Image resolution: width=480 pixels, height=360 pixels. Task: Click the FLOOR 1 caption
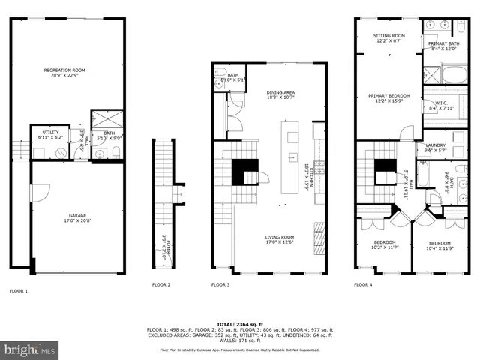pyautogui.click(x=18, y=290)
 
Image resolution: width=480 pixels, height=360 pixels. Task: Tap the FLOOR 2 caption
pyautogui.click(x=161, y=285)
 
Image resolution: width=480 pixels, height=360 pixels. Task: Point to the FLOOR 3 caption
pyautogui.click(x=220, y=285)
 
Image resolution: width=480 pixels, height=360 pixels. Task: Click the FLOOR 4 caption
pyautogui.click(x=364, y=285)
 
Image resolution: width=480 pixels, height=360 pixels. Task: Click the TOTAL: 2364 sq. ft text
pyautogui.click(x=240, y=323)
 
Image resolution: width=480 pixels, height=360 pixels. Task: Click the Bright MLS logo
pyautogui.click(x=29, y=349)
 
